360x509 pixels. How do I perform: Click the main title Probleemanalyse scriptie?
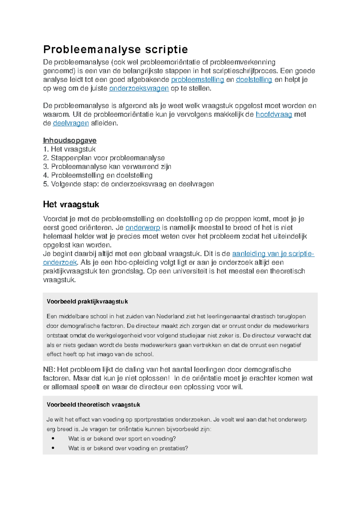(115, 49)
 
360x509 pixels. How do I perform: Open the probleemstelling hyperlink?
(197, 80)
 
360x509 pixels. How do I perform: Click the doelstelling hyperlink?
(254, 80)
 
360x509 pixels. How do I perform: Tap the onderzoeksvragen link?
(139, 88)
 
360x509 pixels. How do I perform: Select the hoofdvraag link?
(274, 115)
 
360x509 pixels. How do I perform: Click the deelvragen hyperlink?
(71, 123)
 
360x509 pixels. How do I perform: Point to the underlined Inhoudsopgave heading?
(70, 141)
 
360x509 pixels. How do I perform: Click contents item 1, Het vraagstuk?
(69, 149)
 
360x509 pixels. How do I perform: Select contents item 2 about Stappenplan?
(104, 158)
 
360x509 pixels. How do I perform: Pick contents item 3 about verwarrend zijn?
(107, 167)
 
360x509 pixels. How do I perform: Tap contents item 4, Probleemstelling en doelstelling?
(98, 175)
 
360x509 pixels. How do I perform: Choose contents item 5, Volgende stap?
(128, 184)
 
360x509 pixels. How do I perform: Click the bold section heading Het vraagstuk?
(71, 205)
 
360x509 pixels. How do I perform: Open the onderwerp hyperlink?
(142, 228)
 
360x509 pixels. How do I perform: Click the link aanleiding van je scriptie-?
(273, 254)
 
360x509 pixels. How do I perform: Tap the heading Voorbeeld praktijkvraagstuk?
(87, 302)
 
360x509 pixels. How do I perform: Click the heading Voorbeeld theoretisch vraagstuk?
(93, 405)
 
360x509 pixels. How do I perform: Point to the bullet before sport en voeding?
(53, 439)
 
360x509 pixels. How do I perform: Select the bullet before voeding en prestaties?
(53, 448)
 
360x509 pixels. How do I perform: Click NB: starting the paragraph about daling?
(49, 370)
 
